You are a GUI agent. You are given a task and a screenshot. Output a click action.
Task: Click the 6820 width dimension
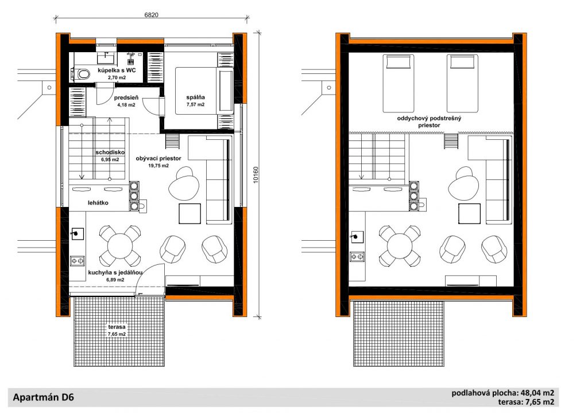click(151, 15)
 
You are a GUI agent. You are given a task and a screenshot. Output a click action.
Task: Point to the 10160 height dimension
click(256, 175)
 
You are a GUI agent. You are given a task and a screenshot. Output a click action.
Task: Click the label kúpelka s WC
click(117, 71)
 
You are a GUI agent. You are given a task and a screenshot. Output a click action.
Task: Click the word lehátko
click(98, 203)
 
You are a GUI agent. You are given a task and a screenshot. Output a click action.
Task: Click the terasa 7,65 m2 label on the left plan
click(117, 330)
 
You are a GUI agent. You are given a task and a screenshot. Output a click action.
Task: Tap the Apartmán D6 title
click(43, 397)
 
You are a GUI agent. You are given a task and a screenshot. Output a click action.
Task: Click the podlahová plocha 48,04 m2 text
click(502, 393)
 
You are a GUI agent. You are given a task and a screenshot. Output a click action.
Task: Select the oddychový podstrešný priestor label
click(429, 122)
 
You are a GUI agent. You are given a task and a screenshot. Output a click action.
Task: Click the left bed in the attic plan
click(399, 84)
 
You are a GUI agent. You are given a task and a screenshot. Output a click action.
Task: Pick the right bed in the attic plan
click(462, 84)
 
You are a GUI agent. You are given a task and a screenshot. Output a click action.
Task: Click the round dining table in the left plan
click(119, 246)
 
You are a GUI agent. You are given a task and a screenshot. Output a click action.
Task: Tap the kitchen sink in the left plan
click(78, 233)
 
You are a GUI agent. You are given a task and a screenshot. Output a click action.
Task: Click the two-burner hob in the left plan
click(78, 260)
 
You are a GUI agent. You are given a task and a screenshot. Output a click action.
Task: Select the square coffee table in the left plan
click(189, 214)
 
